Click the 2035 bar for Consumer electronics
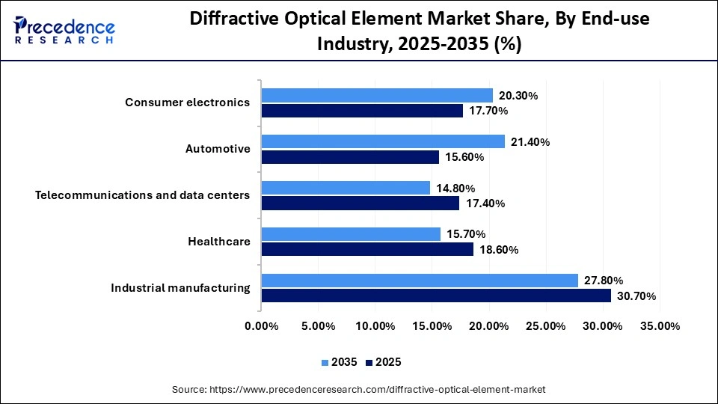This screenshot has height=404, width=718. [377, 95]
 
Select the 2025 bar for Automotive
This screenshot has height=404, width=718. [350, 157]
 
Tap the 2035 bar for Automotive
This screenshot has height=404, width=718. [383, 141]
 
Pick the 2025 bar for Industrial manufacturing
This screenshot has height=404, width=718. [436, 296]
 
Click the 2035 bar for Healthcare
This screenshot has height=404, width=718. [351, 234]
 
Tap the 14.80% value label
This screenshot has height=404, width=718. [454, 189]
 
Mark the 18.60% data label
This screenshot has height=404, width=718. [497, 250]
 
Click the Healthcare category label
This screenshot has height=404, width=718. [219, 242]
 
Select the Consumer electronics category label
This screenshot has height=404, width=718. [187, 102]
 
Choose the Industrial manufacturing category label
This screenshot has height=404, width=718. [180, 288]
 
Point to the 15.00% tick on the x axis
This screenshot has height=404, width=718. [432, 326]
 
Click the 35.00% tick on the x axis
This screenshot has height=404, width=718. [660, 326]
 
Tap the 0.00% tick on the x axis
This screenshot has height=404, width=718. [261, 326]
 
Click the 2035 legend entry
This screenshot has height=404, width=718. [340, 362]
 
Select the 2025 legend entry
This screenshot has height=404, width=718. [383, 362]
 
